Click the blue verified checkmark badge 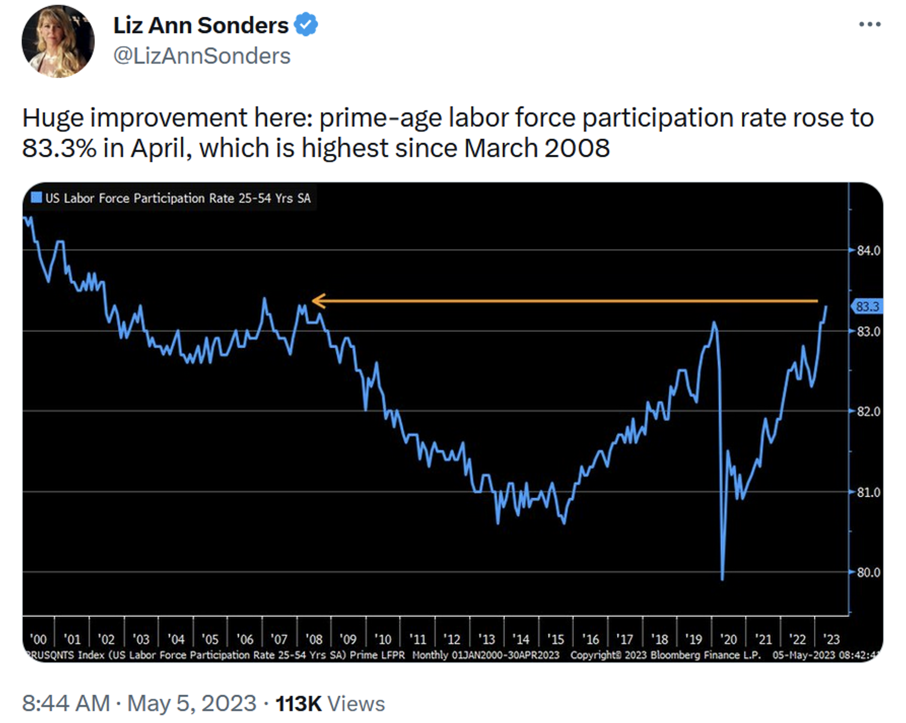tap(306, 25)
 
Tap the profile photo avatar tap(58, 41)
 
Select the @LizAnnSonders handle tap(202, 56)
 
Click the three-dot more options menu tap(869, 25)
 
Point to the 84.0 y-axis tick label tap(868, 250)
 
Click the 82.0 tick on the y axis tap(868, 411)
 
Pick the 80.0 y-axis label tap(868, 572)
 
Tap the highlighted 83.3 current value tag tap(867, 307)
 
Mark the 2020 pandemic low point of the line tap(722, 579)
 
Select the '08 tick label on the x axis tap(314, 639)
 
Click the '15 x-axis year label tap(556, 639)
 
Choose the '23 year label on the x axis tap(832, 639)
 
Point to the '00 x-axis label tap(38, 639)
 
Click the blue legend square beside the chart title tap(36, 198)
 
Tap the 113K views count tap(299, 703)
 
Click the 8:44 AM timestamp tap(65, 703)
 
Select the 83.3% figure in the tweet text tap(59, 148)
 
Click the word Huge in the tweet tap(53, 118)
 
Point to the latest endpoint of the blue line tap(827, 307)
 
